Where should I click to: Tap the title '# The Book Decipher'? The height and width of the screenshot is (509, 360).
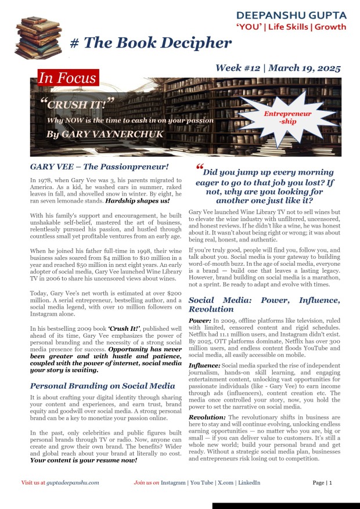(x=150, y=43)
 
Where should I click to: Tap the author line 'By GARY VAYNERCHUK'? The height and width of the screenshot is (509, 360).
(x=93, y=134)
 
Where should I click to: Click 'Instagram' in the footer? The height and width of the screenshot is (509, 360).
(x=173, y=482)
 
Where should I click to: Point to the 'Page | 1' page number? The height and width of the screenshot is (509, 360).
(x=322, y=482)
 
